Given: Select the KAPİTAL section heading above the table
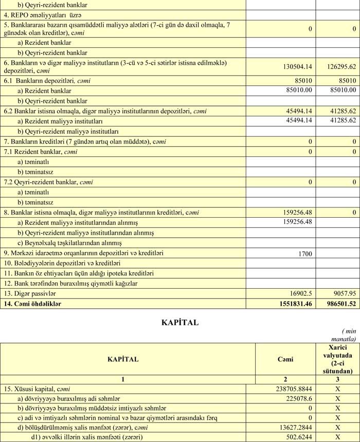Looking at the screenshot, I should (179, 323).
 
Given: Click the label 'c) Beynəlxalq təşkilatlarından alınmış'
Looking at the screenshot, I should (69, 243).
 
